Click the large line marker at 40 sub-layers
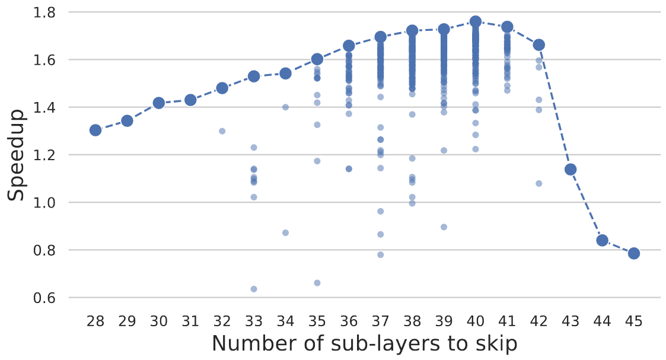click(x=475, y=21)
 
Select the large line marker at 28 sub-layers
click(x=95, y=130)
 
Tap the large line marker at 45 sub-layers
click(x=633, y=253)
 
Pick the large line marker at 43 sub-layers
click(x=571, y=170)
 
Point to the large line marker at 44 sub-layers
click(x=602, y=240)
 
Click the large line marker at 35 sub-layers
click(x=317, y=59)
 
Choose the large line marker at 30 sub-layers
click(x=159, y=103)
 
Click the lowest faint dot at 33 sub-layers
click(x=254, y=289)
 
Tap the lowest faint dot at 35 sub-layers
click(x=317, y=283)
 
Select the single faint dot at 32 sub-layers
click(x=222, y=131)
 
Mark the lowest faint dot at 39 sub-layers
click(x=444, y=227)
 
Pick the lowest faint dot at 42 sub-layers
click(x=538, y=183)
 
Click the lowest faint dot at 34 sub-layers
click(x=285, y=232)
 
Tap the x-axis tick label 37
click(x=380, y=321)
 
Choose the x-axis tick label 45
click(x=633, y=321)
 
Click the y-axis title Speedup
click(x=17, y=155)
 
